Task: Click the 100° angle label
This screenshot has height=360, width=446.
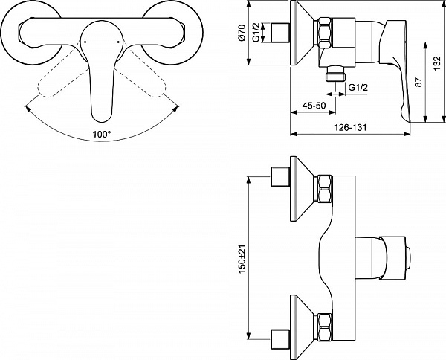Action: [102, 134]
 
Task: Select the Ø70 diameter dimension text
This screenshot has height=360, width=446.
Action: [242, 33]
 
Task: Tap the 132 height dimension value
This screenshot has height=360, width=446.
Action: [438, 63]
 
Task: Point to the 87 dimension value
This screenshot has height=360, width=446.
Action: [419, 83]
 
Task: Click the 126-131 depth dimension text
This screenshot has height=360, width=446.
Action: [350, 127]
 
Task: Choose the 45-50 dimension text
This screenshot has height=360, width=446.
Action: [314, 106]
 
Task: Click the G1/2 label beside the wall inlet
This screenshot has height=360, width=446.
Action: [256, 33]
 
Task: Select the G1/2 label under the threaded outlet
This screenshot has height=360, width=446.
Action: [358, 87]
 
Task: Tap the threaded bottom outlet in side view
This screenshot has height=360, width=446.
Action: [336, 74]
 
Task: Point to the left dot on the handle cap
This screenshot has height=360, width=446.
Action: [85, 42]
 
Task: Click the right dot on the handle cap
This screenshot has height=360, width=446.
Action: [119, 42]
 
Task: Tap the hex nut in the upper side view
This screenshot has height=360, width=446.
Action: [325, 33]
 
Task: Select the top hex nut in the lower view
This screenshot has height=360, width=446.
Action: [325, 189]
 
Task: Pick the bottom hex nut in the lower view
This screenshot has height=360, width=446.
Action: [325, 327]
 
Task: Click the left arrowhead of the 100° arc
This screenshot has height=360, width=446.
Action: [28, 109]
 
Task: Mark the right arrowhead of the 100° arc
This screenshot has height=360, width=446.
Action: [176, 109]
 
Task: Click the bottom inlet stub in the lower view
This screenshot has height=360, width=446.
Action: [280, 339]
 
